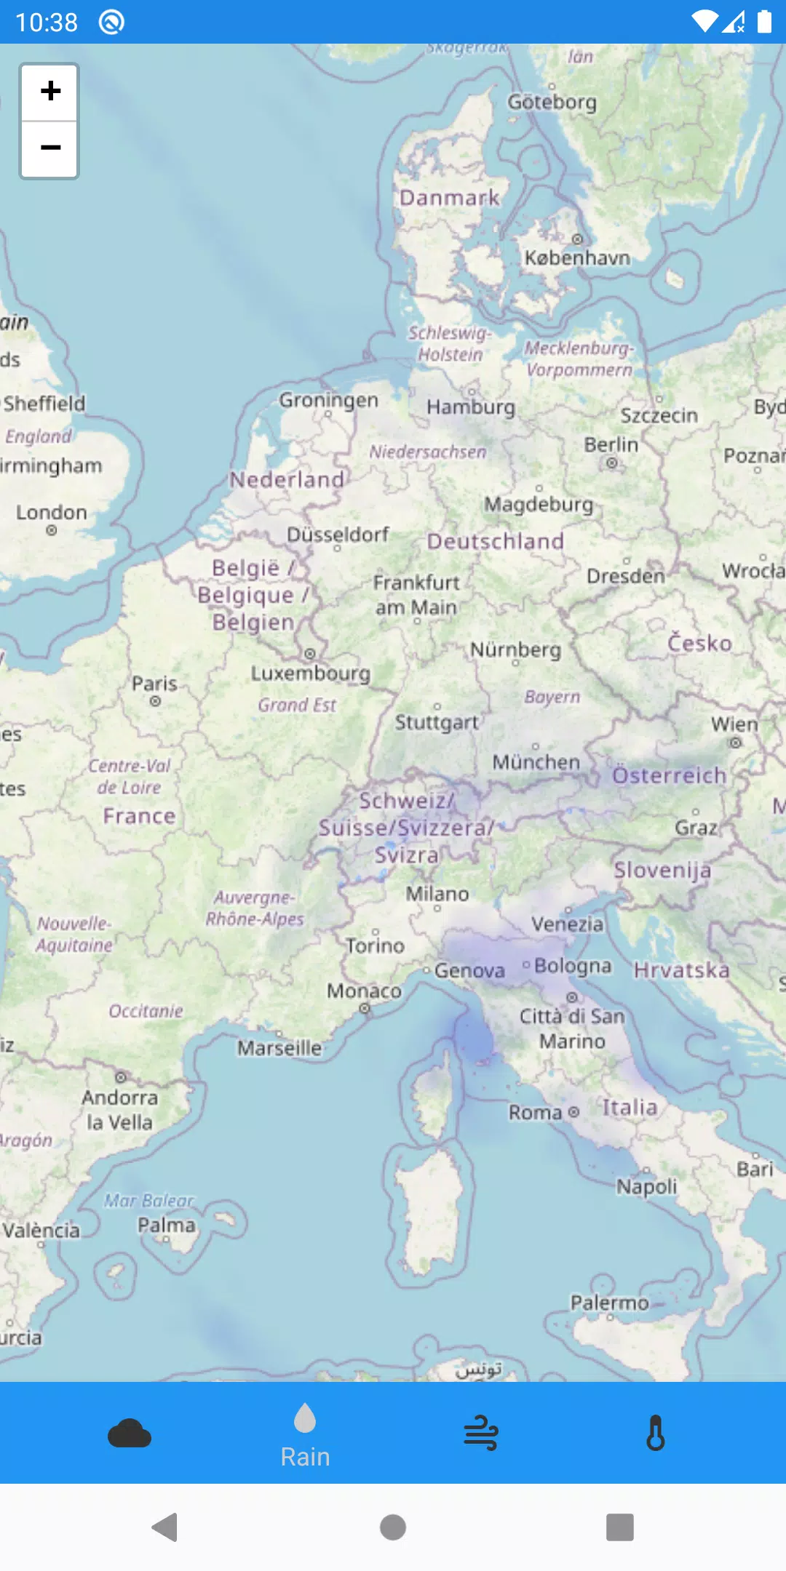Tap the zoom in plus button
coord(49,92)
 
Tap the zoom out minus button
coord(49,148)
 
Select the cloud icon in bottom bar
coord(130,1434)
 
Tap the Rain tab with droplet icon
coord(305,1435)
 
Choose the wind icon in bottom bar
coord(481,1434)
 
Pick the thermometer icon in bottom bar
coord(656,1434)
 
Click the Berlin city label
coord(611,444)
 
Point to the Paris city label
coord(154,684)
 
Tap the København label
coord(577,257)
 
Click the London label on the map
coord(52,512)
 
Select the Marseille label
coord(279,1048)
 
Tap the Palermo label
coord(609,1303)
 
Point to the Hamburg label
coord(471,407)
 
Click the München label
coord(536,762)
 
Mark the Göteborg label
coord(552,102)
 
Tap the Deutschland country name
coord(496,541)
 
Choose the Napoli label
coord(647,1186)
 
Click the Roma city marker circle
coord(573,1112)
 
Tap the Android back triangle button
coord(165,1527)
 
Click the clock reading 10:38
coord(47,23)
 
